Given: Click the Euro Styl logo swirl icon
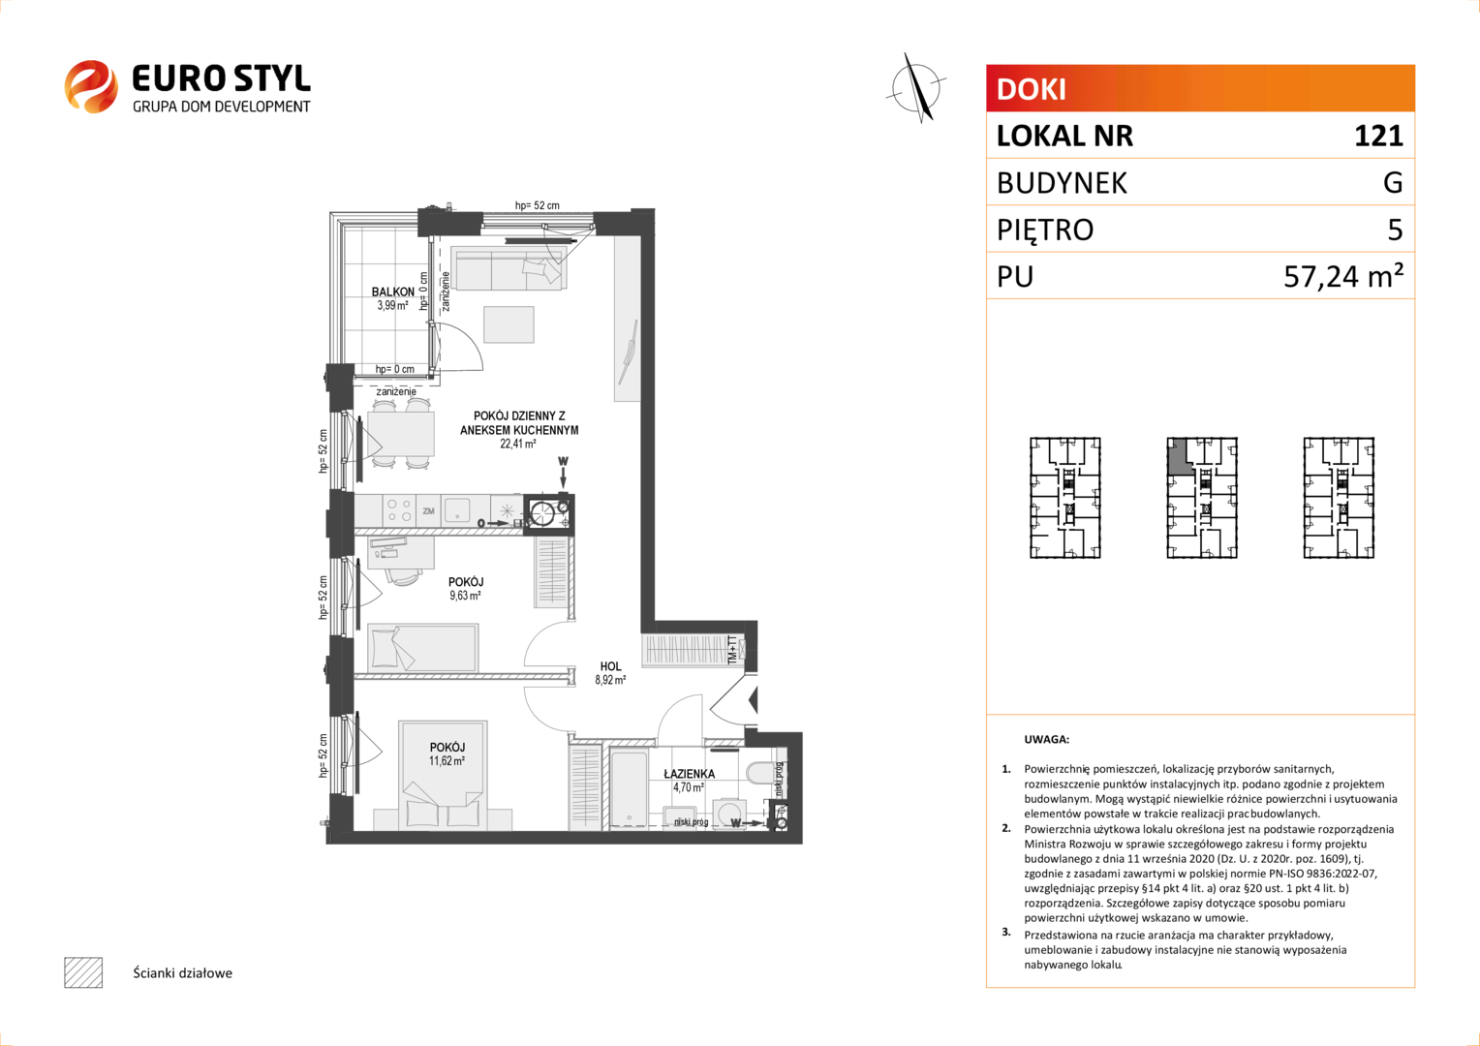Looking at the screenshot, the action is click(91, 86).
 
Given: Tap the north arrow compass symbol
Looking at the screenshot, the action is click(916, 88).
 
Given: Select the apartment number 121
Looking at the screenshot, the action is click(1378, 137).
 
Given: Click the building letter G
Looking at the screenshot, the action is click(1393, 182).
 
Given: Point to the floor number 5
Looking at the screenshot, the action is click(1395, 230).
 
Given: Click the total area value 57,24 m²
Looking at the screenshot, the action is click(1343, 276).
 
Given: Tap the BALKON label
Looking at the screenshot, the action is click(393, 292).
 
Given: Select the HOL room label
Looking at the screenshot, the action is click(610, 666).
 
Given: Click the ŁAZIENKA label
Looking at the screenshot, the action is click(689, 774).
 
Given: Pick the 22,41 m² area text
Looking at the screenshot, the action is click(517, 444).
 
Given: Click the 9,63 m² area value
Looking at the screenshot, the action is click(465, 596).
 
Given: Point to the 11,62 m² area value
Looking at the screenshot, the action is click(447, 760).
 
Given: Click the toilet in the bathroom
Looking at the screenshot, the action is click(759, 773).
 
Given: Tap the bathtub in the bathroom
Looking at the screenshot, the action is click(628, 787).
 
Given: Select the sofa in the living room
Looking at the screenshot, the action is click(509, 267).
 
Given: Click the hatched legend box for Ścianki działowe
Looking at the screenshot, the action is click(83, 972).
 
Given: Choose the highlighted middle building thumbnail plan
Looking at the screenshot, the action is click(1202, 498).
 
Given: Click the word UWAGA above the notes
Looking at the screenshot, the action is click(1047, 739).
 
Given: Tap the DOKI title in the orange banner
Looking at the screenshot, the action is click(1032, 89).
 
